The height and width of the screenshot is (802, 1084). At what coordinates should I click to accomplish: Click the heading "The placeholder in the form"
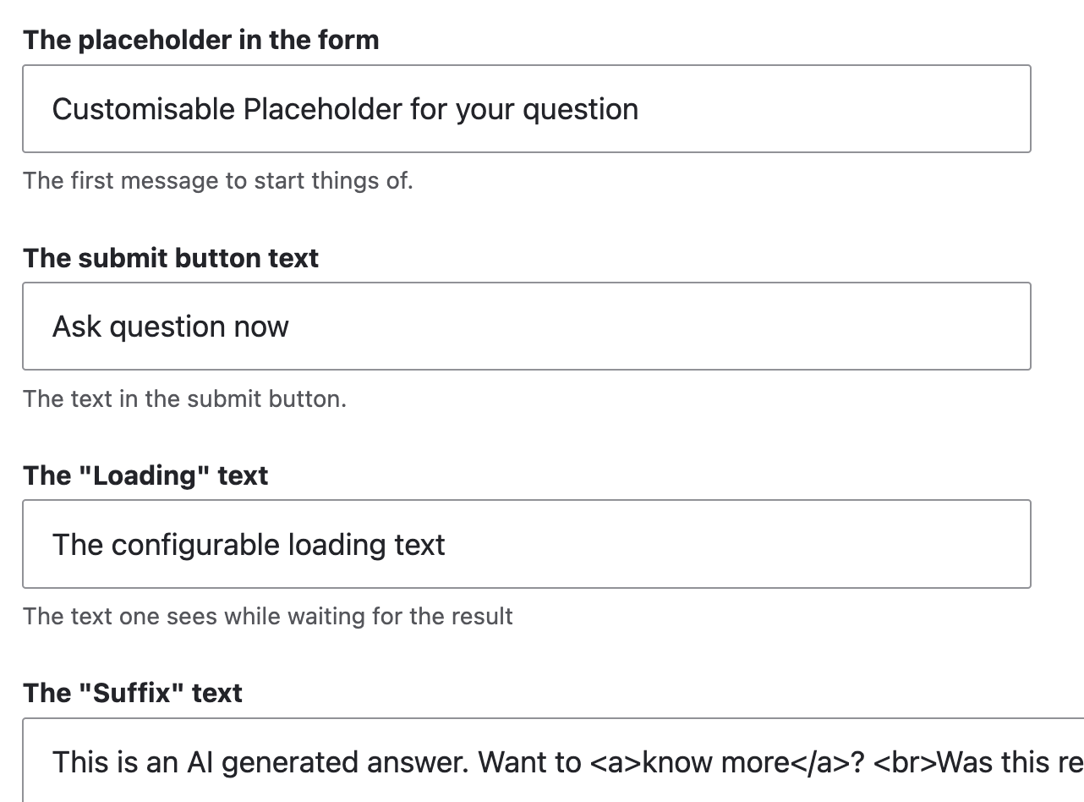201,40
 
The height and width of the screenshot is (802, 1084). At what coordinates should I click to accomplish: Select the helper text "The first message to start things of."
218,180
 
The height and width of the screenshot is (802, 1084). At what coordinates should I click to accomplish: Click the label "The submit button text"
171,257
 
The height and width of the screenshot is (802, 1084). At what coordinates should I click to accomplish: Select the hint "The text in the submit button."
184,398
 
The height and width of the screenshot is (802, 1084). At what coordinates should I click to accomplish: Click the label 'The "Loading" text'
145,475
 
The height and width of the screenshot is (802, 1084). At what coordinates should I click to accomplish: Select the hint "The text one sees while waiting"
268,616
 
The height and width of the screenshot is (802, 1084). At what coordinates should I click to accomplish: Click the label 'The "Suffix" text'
133,693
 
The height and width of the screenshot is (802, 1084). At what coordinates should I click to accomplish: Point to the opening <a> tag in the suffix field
614,762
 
